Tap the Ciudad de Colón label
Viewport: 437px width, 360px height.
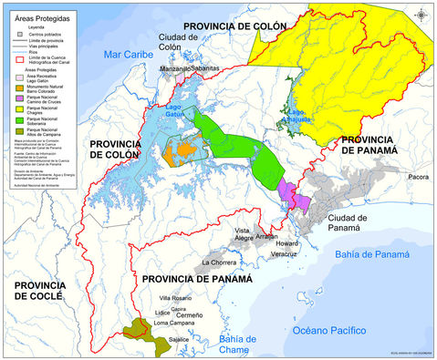pos(172,41)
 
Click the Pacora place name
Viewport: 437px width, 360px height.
pos(418,177)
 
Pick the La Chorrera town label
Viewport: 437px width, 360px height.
pos(219,262)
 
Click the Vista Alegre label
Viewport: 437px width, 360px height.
pos(243,236)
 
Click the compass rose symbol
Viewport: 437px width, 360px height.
pos(419,13)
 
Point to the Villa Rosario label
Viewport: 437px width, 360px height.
pos(177,299)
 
